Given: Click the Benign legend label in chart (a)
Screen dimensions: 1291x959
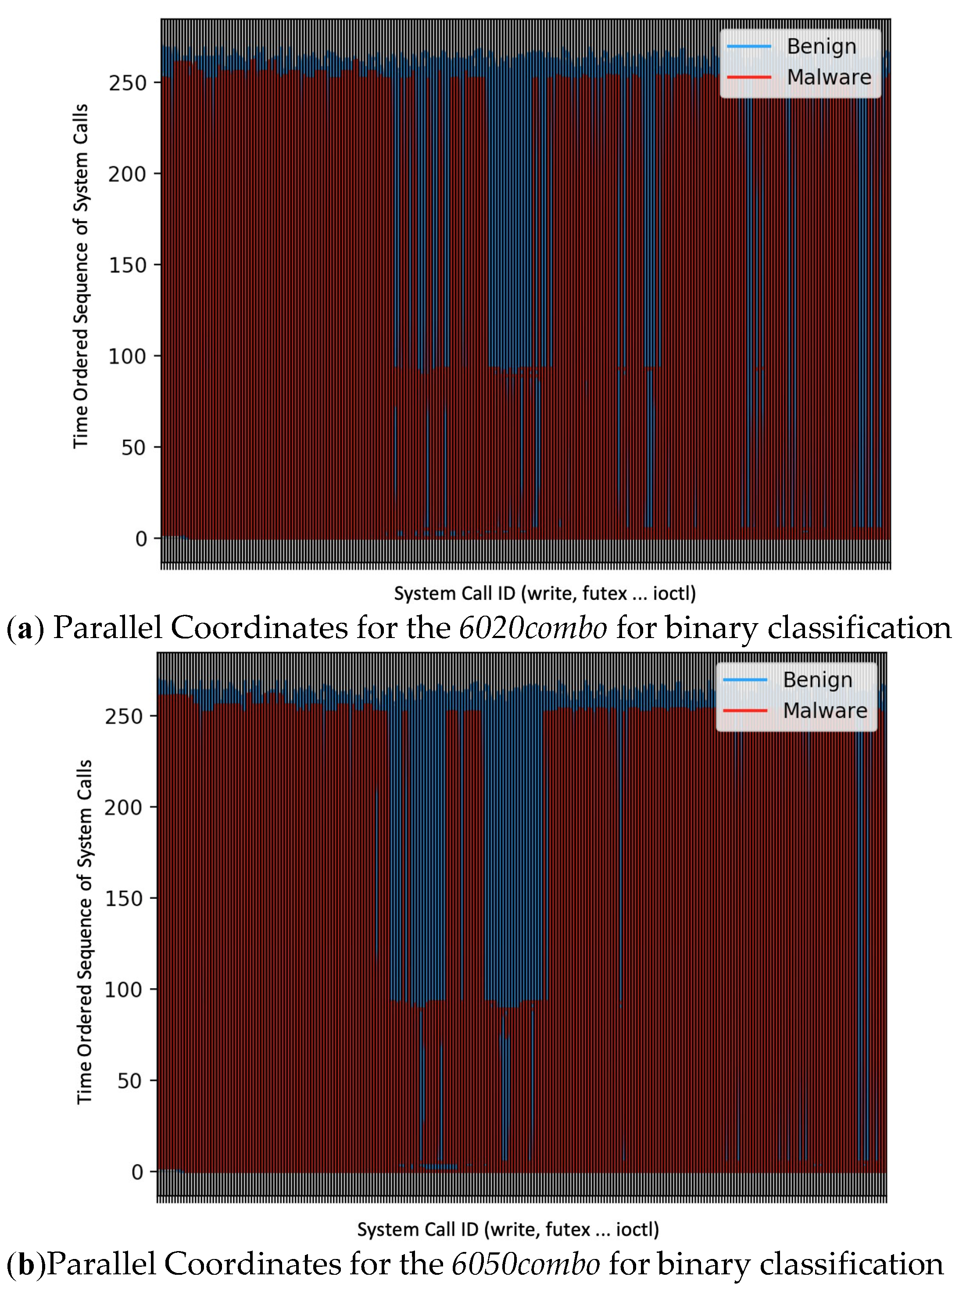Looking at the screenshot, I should coord(821,47).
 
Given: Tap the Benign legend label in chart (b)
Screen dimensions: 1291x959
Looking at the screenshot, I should coord(817,679).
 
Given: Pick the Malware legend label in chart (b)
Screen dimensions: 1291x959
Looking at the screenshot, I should coord(824,710).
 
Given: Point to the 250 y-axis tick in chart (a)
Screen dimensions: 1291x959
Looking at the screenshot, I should coord(127,83).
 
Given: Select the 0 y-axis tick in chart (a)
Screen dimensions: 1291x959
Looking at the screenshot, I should coord(141,539).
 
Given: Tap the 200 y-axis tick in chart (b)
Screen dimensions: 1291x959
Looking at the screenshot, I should coord(123,807).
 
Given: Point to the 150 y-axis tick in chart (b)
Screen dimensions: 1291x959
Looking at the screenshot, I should coord(123,898).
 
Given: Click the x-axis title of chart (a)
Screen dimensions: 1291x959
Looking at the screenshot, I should coord(544,594).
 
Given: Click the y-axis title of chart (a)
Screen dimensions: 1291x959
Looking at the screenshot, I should coord(81,276).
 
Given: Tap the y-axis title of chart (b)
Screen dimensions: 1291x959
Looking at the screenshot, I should coord(84,932).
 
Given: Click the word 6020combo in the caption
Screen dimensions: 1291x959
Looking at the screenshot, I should coord(533,628).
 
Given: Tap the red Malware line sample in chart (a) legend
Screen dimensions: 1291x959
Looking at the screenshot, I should coord(749,77).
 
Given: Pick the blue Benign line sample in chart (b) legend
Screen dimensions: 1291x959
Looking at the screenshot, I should coord(745,679).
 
